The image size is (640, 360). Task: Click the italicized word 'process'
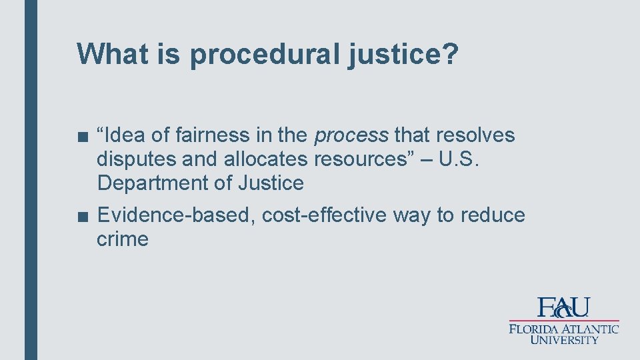click(351, 136)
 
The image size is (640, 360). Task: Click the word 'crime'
click(123, 239)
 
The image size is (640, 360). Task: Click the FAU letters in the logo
click(564, 307)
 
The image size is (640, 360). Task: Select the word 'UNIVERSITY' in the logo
click(565, 340)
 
